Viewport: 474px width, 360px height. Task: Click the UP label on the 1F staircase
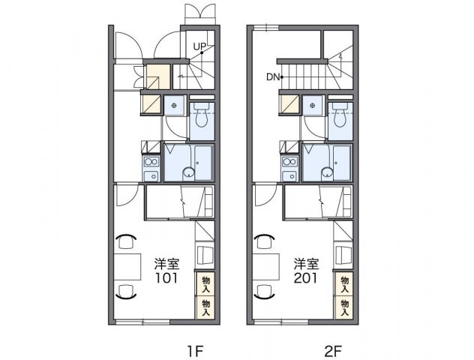click(x=199, y=46)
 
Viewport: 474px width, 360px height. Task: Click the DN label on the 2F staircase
click(x=273, y=77)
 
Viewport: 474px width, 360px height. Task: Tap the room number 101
click(x=166, y=278)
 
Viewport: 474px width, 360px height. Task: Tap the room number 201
click(x=305, y=278)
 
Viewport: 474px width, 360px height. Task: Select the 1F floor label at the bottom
click(x=195, y=351)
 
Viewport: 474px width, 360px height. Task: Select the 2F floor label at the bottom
click(x=333, y=351)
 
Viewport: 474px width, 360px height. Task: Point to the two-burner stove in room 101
click(x=151, y=162)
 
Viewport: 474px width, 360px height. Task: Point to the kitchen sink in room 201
click(x=289, y=175)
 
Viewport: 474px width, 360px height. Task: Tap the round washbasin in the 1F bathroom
click(x=189, y=173)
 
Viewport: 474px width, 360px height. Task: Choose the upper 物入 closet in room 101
click(x=205, y=283)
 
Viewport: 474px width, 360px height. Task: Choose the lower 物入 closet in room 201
click(x=344, y=307)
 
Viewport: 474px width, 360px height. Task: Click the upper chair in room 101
click(x=126, y=241)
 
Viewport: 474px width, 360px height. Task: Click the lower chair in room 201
click(x=265, y=291)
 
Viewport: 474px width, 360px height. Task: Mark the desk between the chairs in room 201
click(x=265, y=267)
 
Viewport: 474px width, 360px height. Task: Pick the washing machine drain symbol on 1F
click(x=174, y=106)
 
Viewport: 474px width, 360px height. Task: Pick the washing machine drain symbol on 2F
click(x=313, y=106)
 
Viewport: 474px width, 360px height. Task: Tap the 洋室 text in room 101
click(x=166, y=263)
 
